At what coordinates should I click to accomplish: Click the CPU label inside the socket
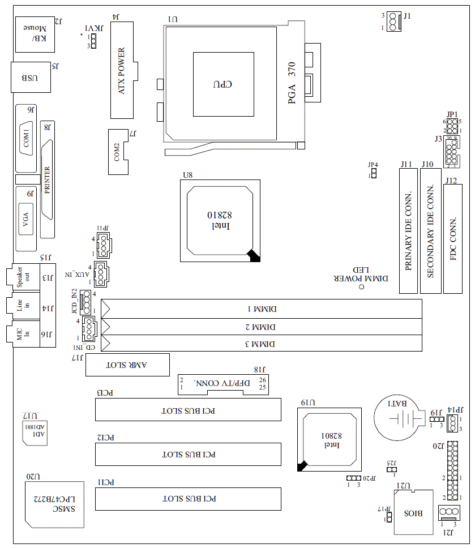(223, 84)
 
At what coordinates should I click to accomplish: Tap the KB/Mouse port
(35, 34)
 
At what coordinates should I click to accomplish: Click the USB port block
(31, 78)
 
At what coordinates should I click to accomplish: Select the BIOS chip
(413, 513)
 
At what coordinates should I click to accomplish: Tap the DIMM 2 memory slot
(261, 327)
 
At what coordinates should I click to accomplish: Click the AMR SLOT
(127, 365)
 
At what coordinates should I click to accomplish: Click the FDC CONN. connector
(453, 238)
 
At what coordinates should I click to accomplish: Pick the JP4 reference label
(372, 165)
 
